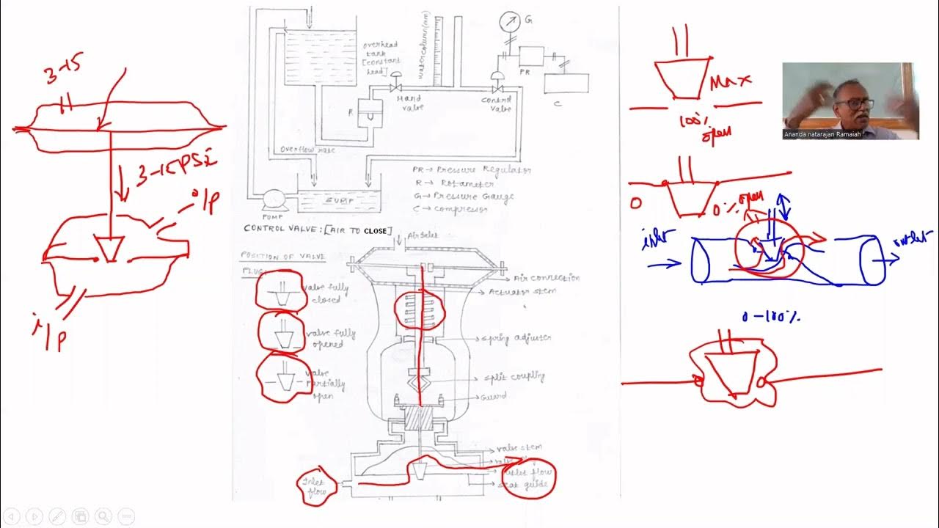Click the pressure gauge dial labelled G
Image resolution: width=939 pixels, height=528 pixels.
coord(508,21)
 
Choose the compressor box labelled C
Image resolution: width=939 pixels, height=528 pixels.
coord(566,84)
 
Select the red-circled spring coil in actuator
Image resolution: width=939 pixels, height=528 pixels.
coord(420,309)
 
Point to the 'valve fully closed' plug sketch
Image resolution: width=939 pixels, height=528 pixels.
coord(279,291)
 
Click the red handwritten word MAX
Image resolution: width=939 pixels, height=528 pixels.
coord(730,79)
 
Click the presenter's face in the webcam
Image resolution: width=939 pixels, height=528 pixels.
coord(850,103)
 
